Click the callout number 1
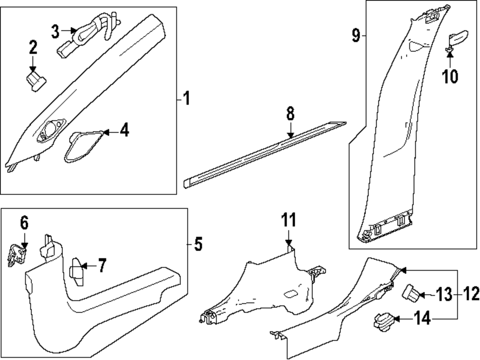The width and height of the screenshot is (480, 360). [186, 99]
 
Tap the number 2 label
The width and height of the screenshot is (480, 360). [33, 48]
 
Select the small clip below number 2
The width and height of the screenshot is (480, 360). [35, 80]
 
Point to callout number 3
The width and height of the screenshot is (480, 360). [56, 32]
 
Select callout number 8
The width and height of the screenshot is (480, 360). [290, 114]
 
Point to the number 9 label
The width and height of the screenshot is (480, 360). [356, 36]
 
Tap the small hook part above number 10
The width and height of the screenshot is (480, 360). [456, 39]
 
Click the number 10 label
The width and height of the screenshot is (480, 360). [450, 76]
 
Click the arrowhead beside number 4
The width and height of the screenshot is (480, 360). [107, 131]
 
